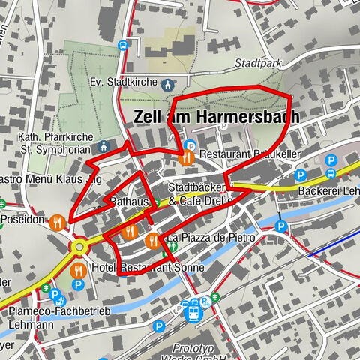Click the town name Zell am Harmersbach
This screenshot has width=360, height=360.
pos(216,118)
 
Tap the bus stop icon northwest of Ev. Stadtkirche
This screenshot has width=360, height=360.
pos(123,45)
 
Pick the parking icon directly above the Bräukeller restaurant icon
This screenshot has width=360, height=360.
pos(190,145)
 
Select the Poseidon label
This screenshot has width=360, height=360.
pos(23,220)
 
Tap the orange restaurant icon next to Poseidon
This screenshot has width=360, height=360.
pos(57,222)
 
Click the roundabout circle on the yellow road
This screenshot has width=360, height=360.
pos(79,246)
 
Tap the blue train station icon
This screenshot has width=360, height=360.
pos(193,309)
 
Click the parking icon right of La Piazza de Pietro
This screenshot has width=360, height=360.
pos(281,226)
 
